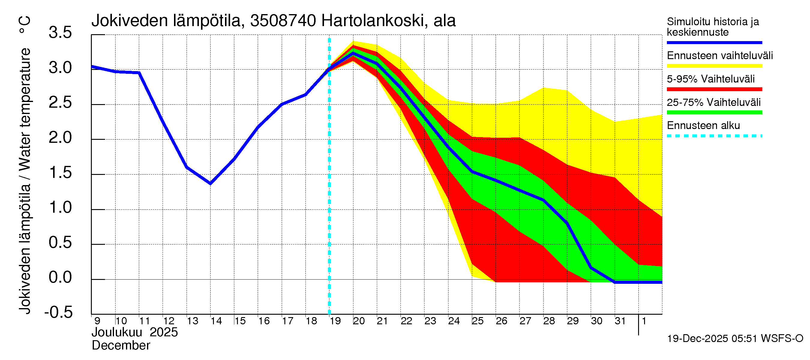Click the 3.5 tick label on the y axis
point(60,33)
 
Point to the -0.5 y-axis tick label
point(58,312)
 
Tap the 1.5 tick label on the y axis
point(60,172)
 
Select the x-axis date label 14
point(216,321)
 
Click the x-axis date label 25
point(477,321)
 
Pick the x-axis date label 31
point(620,321)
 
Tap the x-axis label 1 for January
point(644,321)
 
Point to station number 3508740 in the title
point(283,21)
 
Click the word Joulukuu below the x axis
point(117,332)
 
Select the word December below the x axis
point(121,346)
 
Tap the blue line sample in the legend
point(714,42)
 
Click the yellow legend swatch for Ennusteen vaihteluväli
point(714,66)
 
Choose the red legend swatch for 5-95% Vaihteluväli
point(714,89)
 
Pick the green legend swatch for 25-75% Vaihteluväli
point(714,112)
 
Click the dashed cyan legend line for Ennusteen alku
point(714,136)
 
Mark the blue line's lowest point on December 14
point(210,184)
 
